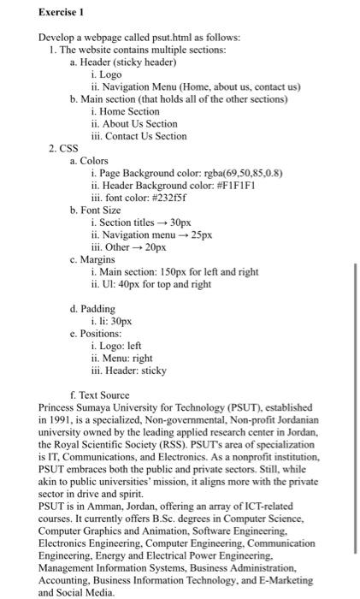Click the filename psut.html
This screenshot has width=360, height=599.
(164, 39)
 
